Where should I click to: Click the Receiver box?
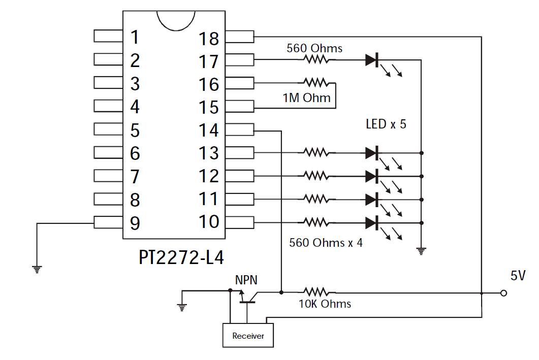(248, 335)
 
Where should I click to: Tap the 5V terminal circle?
(503, 293)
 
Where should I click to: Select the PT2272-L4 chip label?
(181, 257)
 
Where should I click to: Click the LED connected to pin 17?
(372, 60)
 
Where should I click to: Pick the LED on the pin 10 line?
(372, 223)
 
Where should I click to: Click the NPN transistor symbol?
(247, 297)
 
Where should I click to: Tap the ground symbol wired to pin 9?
(37, 269)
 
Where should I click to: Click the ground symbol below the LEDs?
(421, 251)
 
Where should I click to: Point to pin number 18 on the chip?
(209, 39)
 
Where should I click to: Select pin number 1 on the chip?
(135, 37)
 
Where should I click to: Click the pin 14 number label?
(209, 130)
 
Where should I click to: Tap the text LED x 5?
(386, 124)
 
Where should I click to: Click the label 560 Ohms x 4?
(326, 243)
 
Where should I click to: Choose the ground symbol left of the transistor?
(182, 307)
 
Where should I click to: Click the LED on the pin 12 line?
(372, 176)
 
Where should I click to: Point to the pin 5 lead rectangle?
(108, 129)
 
